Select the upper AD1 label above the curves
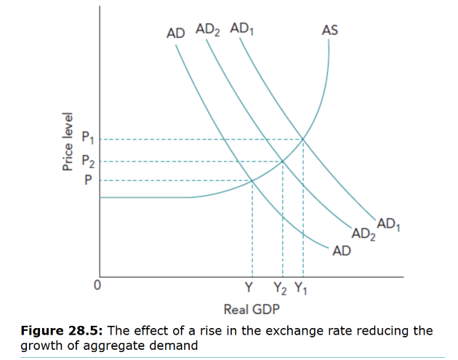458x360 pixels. (x=241, y=30)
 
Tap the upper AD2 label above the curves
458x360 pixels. (x=207, y=31)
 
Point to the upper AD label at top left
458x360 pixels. (x=175, y=33)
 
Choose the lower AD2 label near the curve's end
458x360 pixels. (x=364, y=234)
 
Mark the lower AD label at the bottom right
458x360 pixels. (x=341, y=251)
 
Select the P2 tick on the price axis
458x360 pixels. (x=87, y=161)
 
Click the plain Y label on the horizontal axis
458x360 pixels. (x=250, y=288)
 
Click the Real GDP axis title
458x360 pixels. (x=251, y=308)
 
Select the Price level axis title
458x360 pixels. (x=68, y=142)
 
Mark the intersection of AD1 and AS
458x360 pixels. (x=303, y=139)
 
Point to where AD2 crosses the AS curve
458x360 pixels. (x=282, y=161)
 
